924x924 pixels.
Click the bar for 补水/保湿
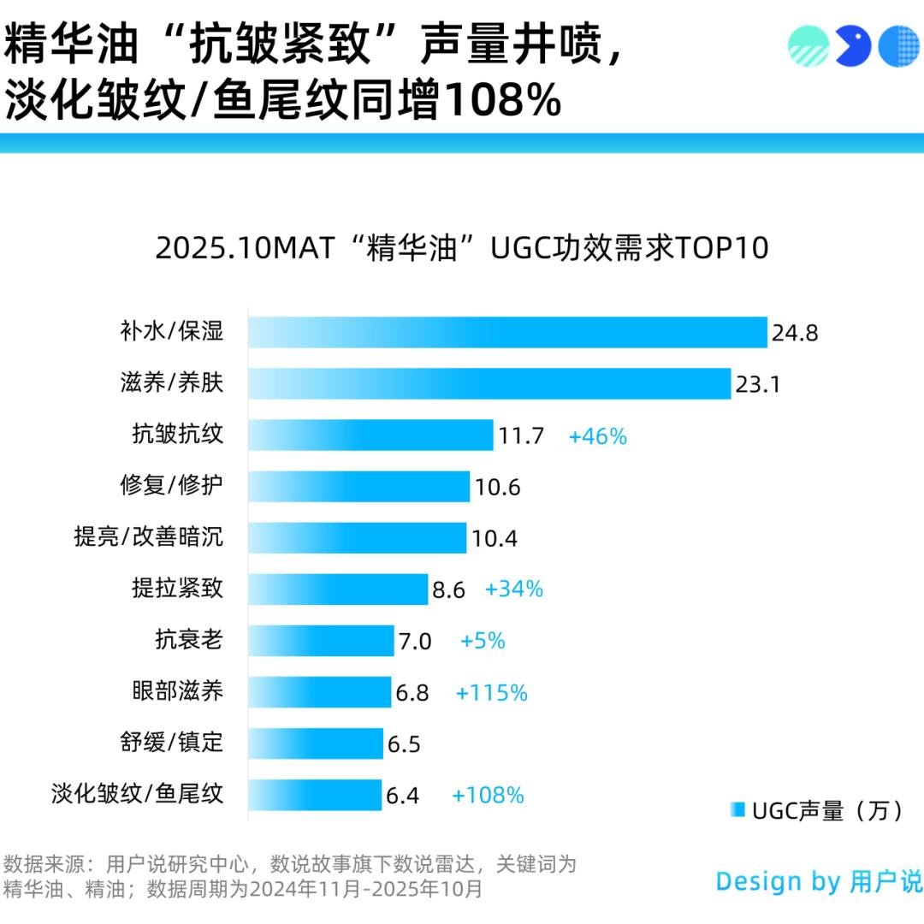tap(507, 333)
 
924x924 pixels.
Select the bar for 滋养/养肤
tap(489, 384)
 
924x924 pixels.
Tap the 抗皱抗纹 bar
tap(370, 435)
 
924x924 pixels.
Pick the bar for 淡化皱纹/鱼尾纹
tap(315, 794)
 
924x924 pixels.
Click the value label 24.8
tap(795, 333)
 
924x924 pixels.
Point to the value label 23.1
tap(757, 384)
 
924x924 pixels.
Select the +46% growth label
tap(598, 436)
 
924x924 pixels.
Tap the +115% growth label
tap(492, 693)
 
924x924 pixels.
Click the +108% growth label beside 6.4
tap(488, 795)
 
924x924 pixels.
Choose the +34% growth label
tap(514, 589)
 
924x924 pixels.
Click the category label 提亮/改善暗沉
tap(149, 537)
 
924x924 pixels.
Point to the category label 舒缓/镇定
tap(172, 742)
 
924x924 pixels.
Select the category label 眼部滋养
tap(178, 690)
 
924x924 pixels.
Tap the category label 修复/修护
tap(172, 486)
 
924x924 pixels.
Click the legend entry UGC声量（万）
tap(818, 810)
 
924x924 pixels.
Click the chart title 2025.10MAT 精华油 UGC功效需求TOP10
tap(462, 248)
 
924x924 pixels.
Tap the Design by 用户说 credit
tap(819, 881)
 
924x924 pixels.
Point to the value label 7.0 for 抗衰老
tap(415, 641)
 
